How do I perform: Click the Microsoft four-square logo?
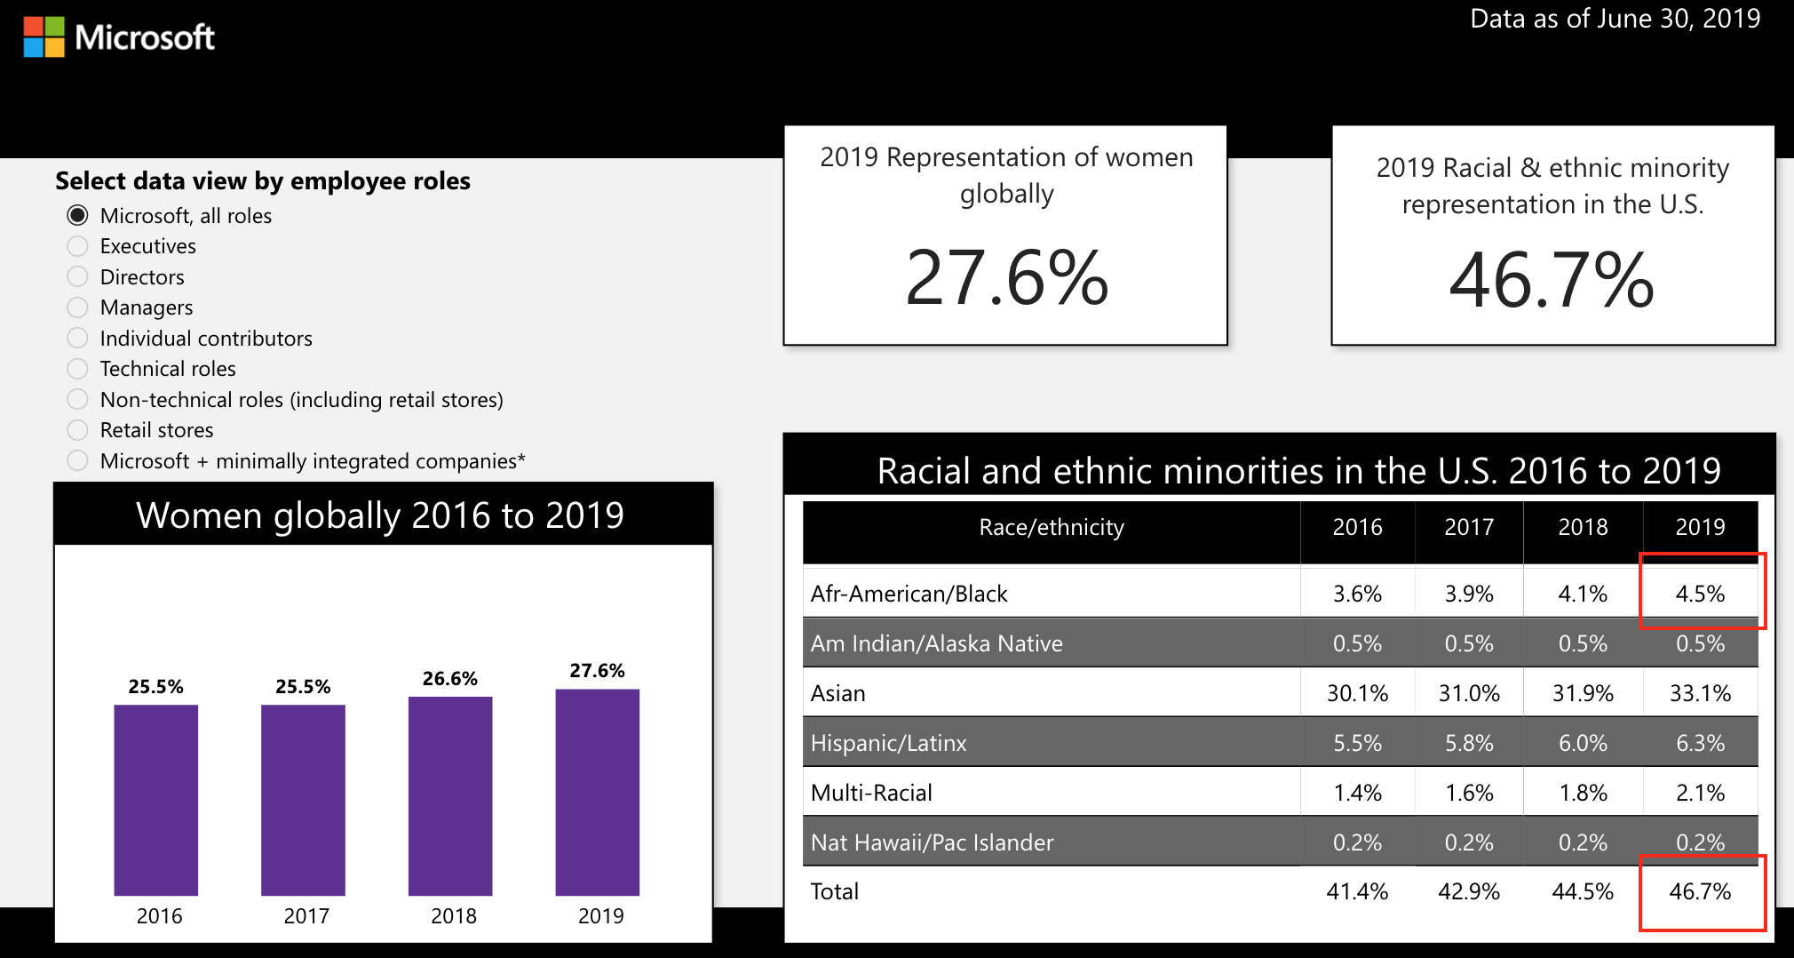pos(44,37)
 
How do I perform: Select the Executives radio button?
pos(78,246)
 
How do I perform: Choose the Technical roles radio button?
pos(78,369)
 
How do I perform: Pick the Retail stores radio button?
pos(78,430)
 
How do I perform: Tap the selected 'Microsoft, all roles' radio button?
pos(78,215)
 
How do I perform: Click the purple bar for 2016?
pos(156,800)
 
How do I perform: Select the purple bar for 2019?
pos(598,792)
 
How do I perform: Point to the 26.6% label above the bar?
pos(450,679)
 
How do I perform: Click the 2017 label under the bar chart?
pos(306,916)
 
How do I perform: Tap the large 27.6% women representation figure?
pos(1007,277)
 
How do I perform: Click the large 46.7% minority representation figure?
pos(1552,281)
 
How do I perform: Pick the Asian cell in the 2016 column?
pos(1358,693)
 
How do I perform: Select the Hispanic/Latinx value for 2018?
pos(1584,743)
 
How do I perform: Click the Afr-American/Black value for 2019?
pos(1701,594)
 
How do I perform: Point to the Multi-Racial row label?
pos(871,793)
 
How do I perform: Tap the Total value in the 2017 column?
pos(1469,891)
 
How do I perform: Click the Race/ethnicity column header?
pos(1052,527)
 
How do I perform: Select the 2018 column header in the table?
pos(1584,527)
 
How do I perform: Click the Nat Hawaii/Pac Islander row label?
pos(933,842)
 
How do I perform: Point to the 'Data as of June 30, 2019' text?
pos(1615,19)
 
